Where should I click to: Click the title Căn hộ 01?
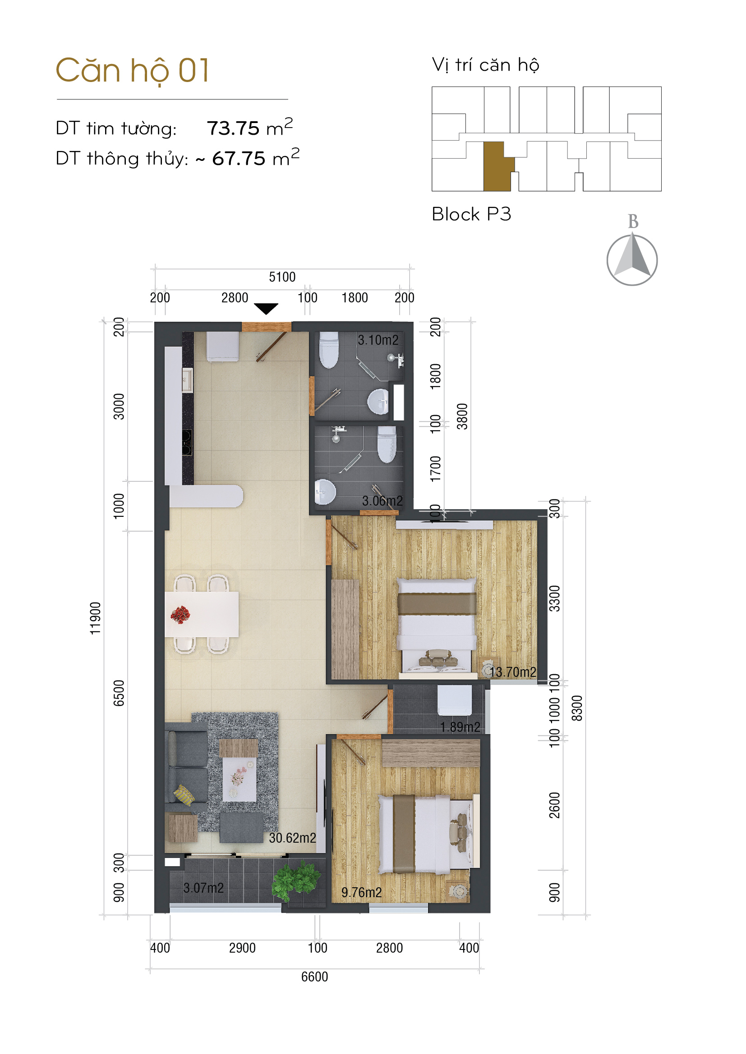click(132, 71)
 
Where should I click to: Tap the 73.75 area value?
click(233, 128)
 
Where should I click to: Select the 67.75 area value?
click(239, 159)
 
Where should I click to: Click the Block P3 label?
click(471, 214)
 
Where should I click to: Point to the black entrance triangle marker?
click(266, 309)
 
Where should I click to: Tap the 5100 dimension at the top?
click(282, 277)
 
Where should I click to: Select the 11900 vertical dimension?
click(95, 619)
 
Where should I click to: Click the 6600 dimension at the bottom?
click(315, 977)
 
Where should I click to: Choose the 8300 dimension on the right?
click(577, 708)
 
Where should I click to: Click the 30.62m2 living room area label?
click(293, 838)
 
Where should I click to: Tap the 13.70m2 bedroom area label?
click(513, 672)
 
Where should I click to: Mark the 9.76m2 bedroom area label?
click(362, 892)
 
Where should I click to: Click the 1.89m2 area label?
click(460, 727)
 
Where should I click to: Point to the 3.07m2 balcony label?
click(203, 888)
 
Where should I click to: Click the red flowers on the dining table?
click(180, 615)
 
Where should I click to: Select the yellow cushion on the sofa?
click(184, 795)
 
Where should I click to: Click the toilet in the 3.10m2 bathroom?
click(329, 350)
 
